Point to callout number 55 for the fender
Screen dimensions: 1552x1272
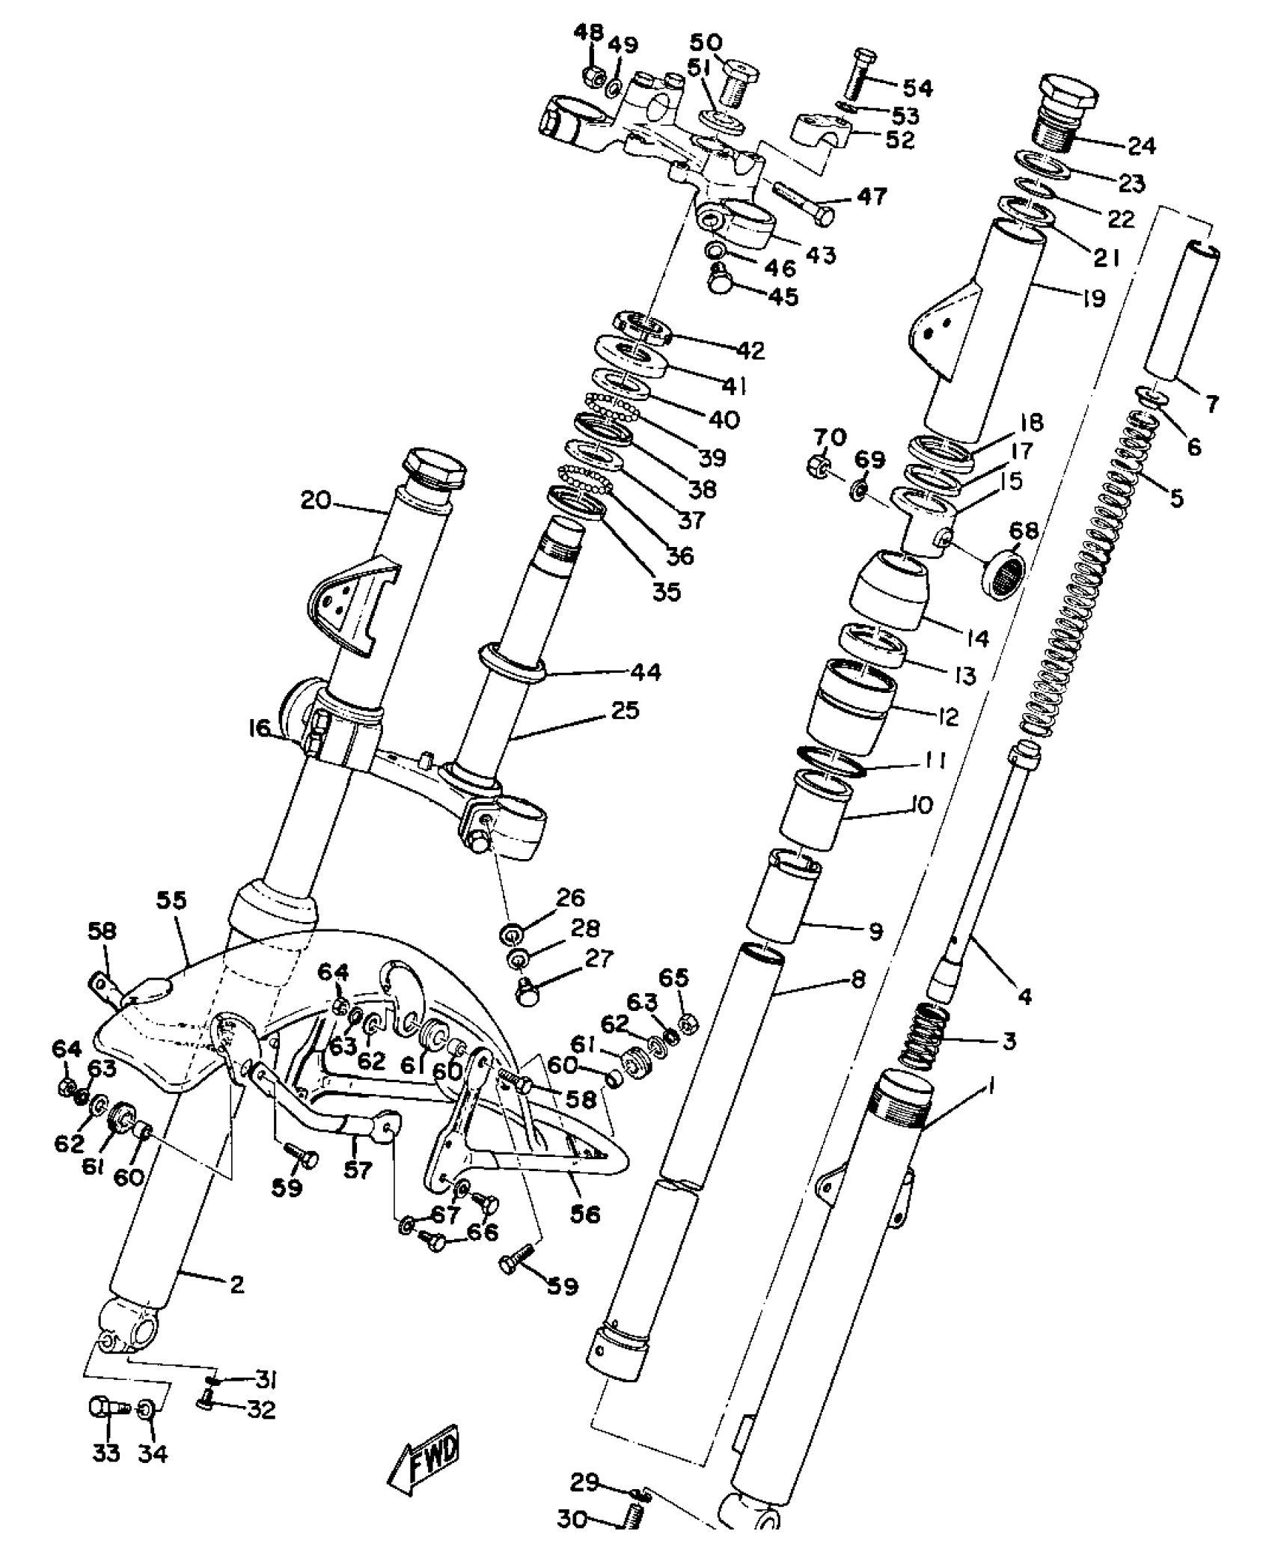(x=171, y=900)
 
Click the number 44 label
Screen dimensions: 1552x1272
(x=646, y=672)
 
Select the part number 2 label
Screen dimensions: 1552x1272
(x=236, y=1286)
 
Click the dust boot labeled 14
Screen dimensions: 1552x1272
(x=888, y=590)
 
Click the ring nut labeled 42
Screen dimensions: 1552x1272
(x=641, y=328)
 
